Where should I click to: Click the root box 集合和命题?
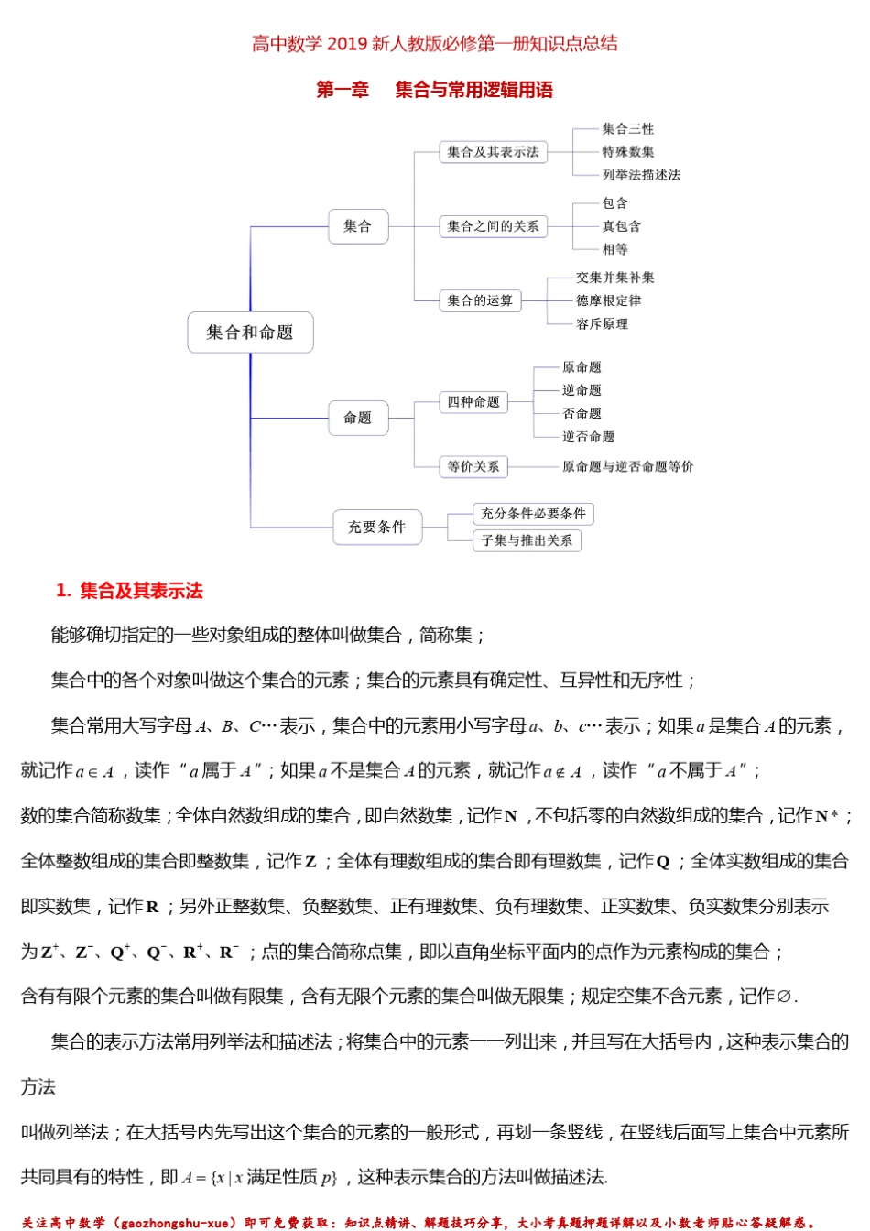click(x=250, y=332)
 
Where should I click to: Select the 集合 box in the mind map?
click(x=357, y=226)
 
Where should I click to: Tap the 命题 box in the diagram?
click(x=357, y=418)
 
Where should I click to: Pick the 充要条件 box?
click(x=376, y=527)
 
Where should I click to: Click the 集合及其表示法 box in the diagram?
click(x=493, y=152)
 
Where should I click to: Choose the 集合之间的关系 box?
click(x=493, y=226)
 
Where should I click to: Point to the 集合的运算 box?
click(x=480, y=300)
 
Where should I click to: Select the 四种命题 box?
click(x=473, y=402)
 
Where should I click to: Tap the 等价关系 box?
click(x=473, y=466)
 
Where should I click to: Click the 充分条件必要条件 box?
click(x=533, y=514)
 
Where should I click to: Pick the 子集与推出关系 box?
click(x=527, y=540)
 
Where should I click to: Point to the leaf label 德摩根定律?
click(x=608, y=300)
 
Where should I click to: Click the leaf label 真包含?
click(x=621, y=226)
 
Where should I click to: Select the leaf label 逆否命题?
click(x=588, y=437)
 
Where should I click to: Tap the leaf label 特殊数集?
click(x=627, y=152)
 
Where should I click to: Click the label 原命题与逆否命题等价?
click(x=627, y=466)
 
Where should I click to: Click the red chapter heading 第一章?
click(x=343, y=90)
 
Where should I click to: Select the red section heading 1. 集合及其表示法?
click(x=129, y=591)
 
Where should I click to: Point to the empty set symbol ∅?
click(x=783, y=997)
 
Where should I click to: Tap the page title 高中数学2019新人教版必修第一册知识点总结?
click(x=435, y=43)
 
